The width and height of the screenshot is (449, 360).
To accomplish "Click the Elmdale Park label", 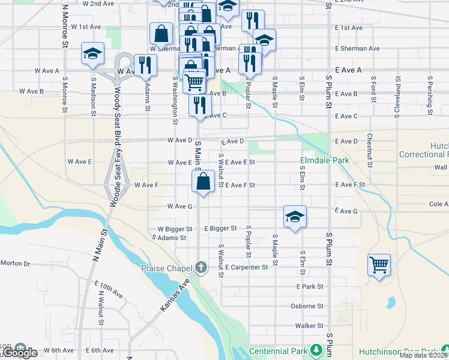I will tap(325, 161).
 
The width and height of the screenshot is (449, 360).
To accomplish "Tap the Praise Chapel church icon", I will tap(202, 267).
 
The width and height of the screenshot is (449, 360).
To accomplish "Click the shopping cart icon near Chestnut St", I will tap(379, 264).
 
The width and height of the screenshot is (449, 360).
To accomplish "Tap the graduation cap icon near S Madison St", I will tap(93, 53).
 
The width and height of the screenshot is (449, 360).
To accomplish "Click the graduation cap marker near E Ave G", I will tap(295, 217).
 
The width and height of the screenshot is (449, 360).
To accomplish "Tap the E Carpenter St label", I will tap(246, 267).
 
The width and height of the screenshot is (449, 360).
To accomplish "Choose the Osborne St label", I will tap(307, 306).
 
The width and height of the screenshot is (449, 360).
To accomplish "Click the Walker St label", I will tap(309, 326).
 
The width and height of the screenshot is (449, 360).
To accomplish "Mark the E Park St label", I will tap(310, 287).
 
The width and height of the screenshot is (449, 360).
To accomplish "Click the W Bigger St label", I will tap(175, 229).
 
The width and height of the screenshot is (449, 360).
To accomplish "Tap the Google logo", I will tap(19, 353).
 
